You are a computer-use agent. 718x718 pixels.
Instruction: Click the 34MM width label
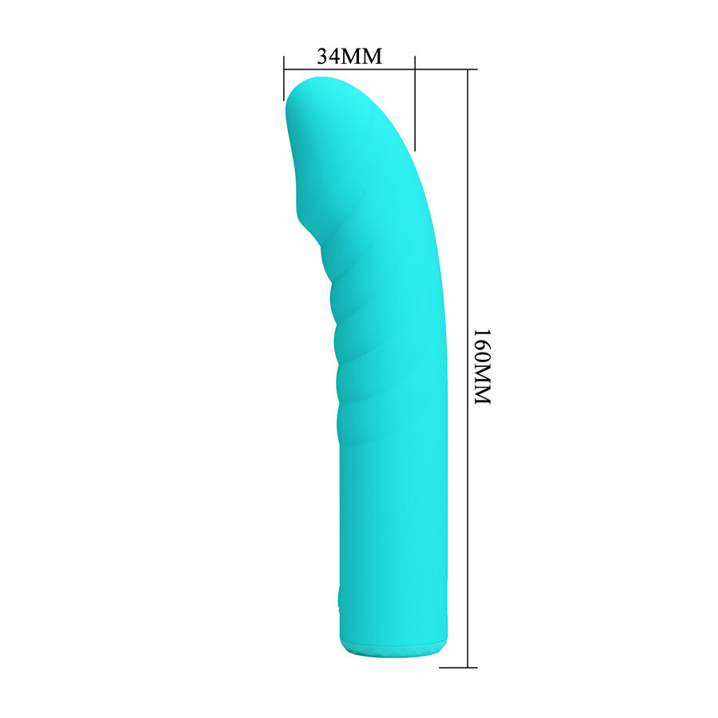click(349, 57)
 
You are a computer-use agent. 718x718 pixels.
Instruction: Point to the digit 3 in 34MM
click(323, 57)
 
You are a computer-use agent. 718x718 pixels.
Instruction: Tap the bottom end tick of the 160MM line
click(467, 667)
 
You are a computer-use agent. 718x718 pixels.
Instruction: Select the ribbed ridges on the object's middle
click(359, 319)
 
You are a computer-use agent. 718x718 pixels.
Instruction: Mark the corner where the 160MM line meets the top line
click(467, 69)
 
